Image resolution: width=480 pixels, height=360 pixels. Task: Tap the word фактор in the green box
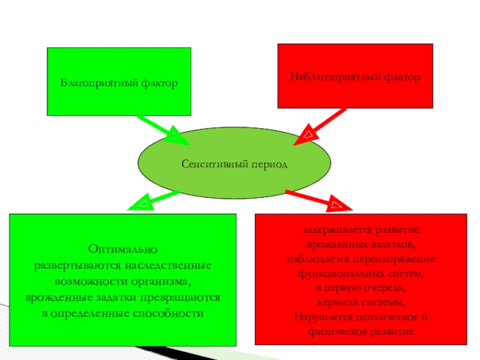[x=159, y=82]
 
